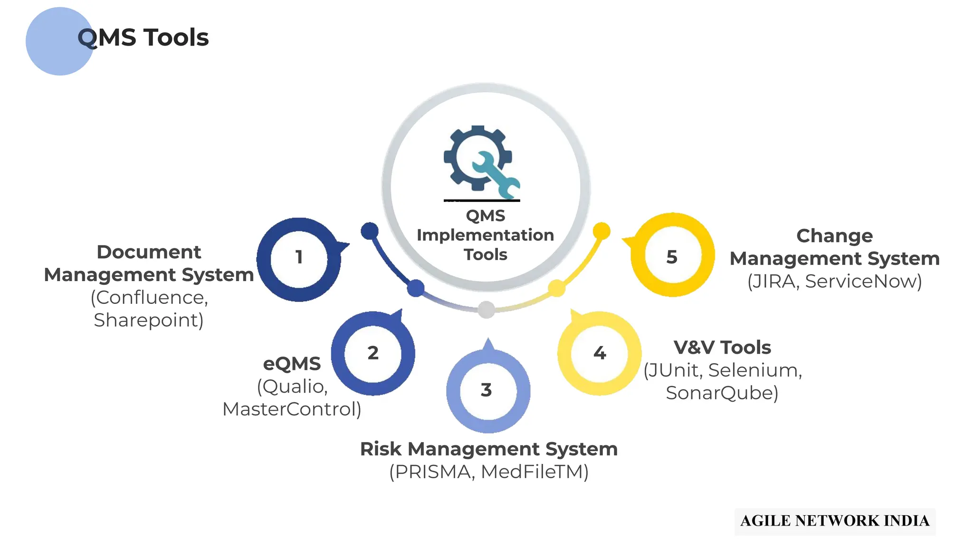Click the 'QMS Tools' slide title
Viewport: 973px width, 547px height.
click(143, 38)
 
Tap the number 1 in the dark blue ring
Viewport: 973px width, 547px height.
click(299, 257)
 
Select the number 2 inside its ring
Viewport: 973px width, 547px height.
click(373, 353)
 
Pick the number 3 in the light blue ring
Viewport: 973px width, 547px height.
click(486, 390)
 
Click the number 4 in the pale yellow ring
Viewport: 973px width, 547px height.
click(600, 353)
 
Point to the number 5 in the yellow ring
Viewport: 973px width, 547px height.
click(672, 257)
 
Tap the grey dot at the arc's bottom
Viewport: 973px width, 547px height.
click(486, 310)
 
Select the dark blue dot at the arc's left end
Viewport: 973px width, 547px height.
click(370, 231)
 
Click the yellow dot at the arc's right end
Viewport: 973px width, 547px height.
click(601, 231)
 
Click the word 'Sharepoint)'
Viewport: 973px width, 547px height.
click(149, 321)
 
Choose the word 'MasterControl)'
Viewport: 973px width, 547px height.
click(292, 409)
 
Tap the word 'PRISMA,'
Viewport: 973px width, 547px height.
click(432, 472)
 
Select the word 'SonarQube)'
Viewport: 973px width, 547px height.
click(722, 393)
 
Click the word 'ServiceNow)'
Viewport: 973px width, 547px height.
click(863, 282)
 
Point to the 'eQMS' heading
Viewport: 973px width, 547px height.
click(292, 364)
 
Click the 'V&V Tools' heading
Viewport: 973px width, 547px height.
click(722, 348)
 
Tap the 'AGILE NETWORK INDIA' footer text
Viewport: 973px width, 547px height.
click(835, 521)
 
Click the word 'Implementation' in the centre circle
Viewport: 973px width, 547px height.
click(485, 235)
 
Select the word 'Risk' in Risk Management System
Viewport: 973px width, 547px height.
click(381, 449)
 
